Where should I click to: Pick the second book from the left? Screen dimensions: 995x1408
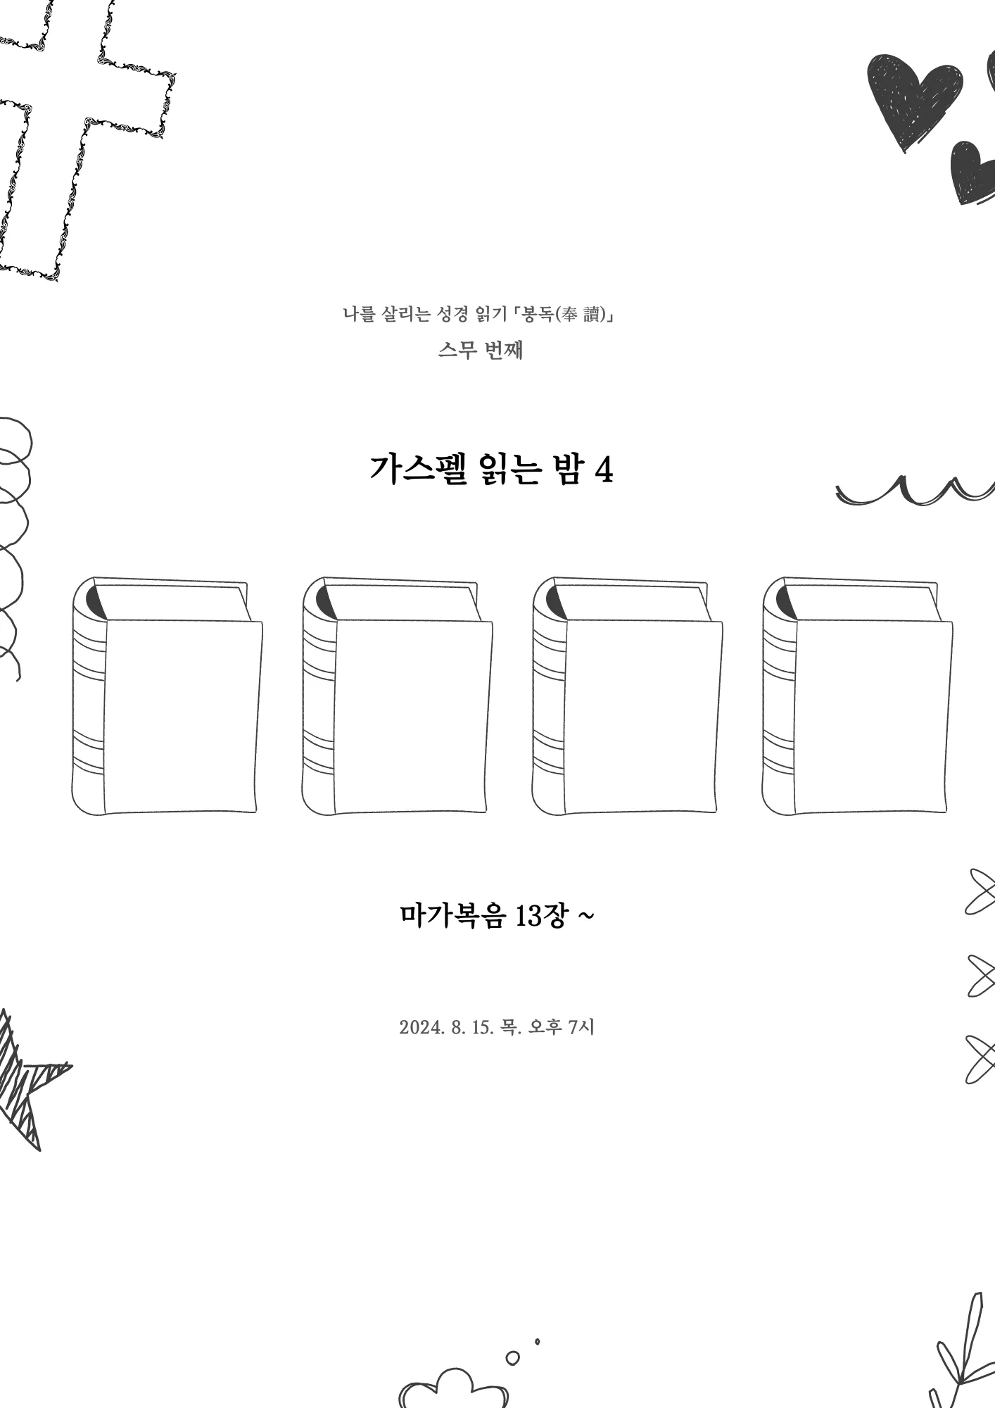coord(397,696)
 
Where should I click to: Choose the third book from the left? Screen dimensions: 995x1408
coord(627,696)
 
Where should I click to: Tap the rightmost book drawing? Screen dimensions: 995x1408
coord(857,696)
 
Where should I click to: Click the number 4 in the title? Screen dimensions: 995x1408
coord(604,470)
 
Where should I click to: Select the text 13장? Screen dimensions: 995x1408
coord(540,915)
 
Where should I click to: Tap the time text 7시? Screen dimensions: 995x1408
coord(581,1027)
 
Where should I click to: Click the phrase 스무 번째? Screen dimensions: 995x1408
coord(481,350)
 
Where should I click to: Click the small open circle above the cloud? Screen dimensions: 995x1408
coord(513,1357)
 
